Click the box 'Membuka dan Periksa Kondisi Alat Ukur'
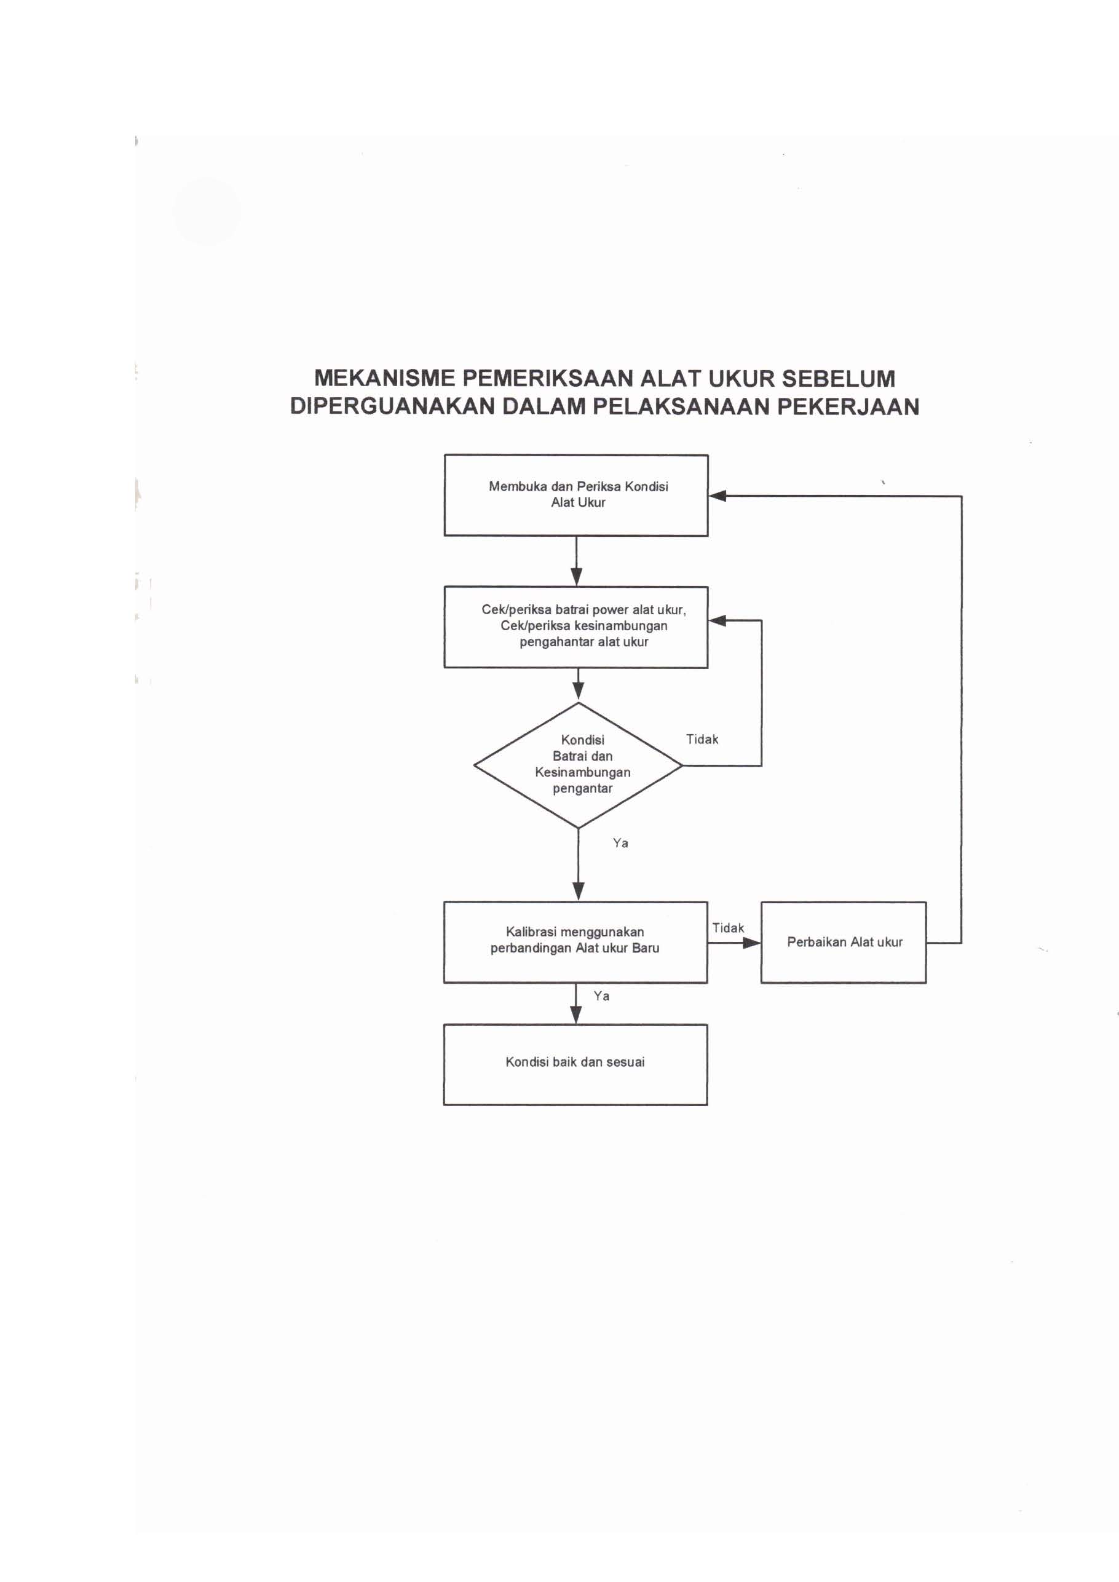(x=576, y=496)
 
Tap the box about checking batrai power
(x=576, y=627)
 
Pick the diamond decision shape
(x=578, y=765)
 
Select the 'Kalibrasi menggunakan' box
(x=575, y=942)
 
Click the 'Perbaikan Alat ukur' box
(x=844, y=942)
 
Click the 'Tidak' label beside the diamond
(x=702, y=739)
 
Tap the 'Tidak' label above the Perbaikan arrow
(x=729, y=928)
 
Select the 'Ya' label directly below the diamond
(x=620, y=844)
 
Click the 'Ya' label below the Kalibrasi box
(x=601, y=996)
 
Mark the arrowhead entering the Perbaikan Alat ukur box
(x=753, y=943)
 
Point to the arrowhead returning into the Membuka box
(x=718, y=496)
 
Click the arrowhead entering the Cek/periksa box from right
(x=718, y=621)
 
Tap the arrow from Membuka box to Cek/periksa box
(x=577, y=561)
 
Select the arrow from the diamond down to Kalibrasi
(x=578, y=864)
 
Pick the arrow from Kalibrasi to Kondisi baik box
(x=576, y=1004)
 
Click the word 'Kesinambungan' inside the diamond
(x=582, y=772)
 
